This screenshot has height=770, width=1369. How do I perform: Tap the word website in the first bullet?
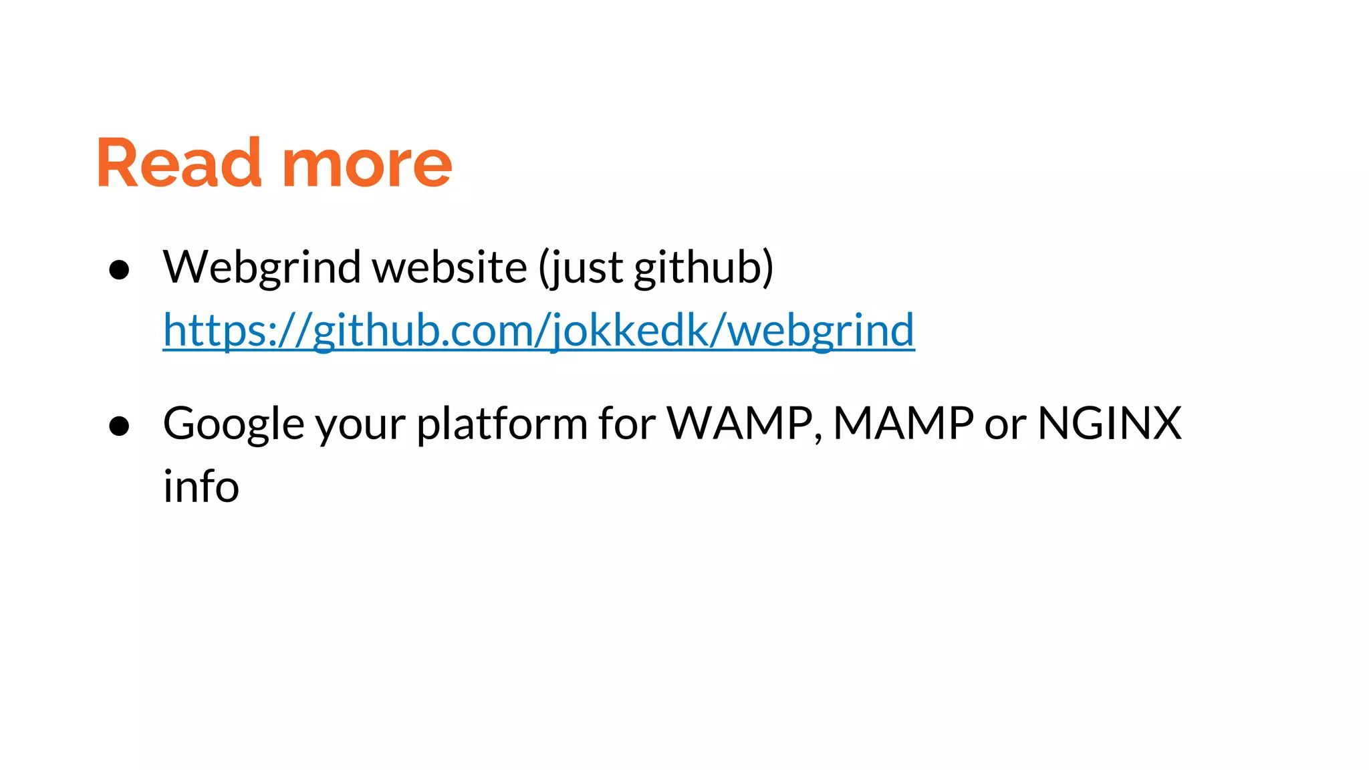[449, 267]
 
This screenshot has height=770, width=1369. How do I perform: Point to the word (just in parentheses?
[581, 267]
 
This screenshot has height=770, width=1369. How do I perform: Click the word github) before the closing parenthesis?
[703, 267]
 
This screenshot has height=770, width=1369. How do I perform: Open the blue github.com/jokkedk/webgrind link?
[539, 330]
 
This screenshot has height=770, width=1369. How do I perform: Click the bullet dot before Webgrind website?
[119, 269]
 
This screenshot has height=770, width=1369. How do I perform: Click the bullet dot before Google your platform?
[119, 426]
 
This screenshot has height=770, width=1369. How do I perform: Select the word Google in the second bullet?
[234, 424]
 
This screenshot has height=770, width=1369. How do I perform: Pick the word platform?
[502, 424]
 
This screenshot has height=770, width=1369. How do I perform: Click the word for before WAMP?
[627, 424]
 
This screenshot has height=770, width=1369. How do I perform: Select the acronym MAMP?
[903, 424]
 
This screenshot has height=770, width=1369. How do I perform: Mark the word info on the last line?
[201, 486]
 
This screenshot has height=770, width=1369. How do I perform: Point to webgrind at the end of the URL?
[820, 330]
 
